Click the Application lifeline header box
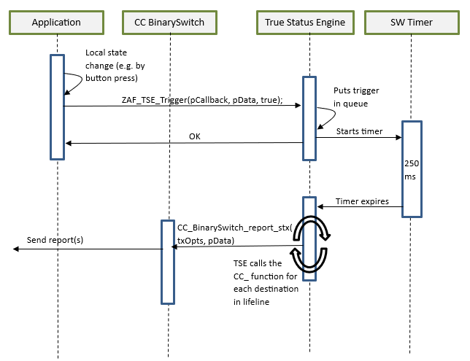(x=57, y=23)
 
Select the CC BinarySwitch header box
(x=169, y=23)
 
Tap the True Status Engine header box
(x=309, y=23)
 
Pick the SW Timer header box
(x=412, y=23)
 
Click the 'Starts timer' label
(x=359, y=131)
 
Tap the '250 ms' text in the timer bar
(x=412, y=170)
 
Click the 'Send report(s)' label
(x=55, y=239)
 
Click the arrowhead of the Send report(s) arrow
(x=17, y=249)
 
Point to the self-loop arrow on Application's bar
(x=73, y=82)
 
